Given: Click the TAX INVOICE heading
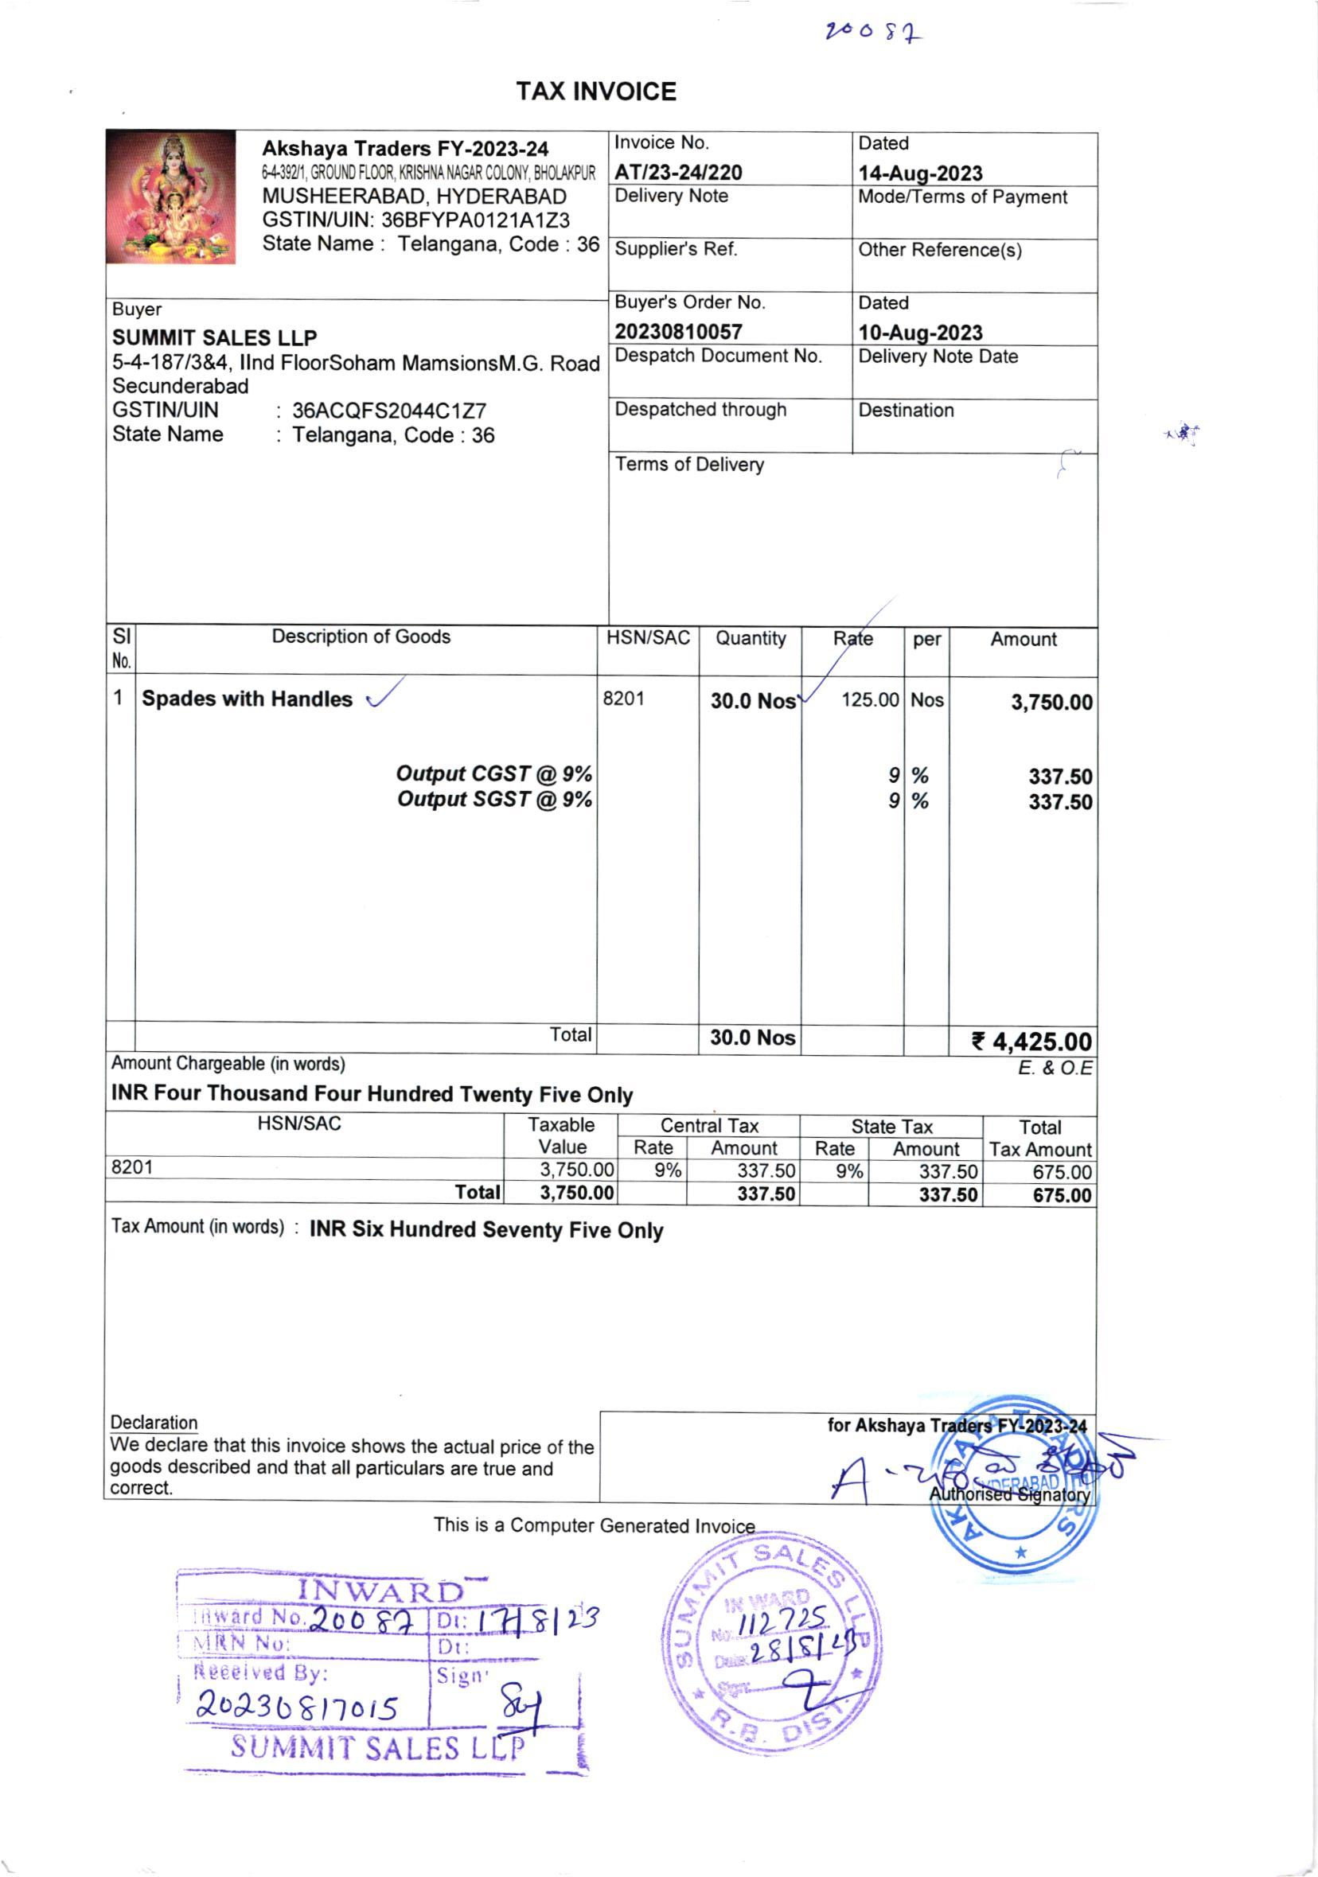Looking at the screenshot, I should (x=596, y=92).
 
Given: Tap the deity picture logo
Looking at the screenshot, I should (x=171, y=197).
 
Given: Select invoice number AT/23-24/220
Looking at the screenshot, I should (x=678, y=173).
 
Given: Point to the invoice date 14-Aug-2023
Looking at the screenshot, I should (x=920, y=173).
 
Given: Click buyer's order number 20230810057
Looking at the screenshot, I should (x=678, y=332).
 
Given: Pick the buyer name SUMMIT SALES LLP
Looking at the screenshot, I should (x=214, y=337).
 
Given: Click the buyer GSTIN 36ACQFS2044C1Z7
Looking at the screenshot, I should (x=389, y=411).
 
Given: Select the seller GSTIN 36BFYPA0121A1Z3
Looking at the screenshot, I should (x=475, y=220).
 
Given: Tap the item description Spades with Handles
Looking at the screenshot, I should (x=247, y=699).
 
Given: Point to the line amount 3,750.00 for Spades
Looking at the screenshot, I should (x=1051, y=703).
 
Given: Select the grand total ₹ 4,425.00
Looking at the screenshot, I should (x=1031, y=1042).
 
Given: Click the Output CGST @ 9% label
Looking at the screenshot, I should (x=493, y=773).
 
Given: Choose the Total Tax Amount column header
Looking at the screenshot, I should (x=1039, y=1138).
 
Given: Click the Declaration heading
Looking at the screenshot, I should (x=154, y=1422).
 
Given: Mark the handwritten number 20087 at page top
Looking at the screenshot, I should (x=874, y=33).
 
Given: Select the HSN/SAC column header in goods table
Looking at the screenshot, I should (x=648, y=637).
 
